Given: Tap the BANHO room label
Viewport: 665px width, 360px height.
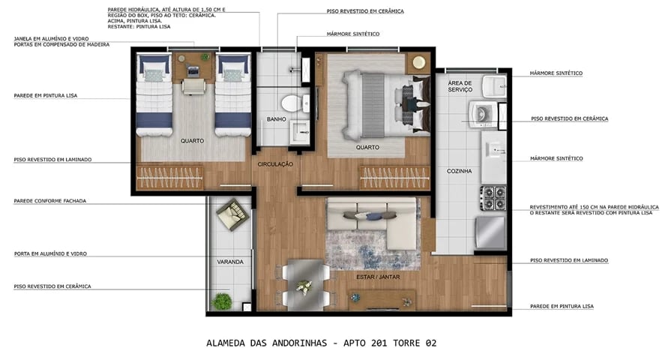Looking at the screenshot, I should click(x=276, y=119).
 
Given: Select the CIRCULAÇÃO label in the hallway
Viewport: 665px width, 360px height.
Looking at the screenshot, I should click(x=275, y=163).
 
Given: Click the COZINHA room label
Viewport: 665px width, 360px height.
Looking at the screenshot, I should click(x=459, y=171).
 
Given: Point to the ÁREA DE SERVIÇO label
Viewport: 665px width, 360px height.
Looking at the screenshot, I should click(x=459, y=86).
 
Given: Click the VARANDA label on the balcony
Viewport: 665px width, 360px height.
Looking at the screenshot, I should click(x=230, y=262).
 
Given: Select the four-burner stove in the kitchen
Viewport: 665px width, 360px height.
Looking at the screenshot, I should click(x=493, y=197).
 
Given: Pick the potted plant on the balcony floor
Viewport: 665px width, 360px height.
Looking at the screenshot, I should click(x=222, y=301).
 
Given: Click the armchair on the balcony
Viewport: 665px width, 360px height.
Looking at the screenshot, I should click(x=232, y=214).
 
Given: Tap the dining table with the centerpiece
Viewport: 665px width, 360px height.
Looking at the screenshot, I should click(x=304, y=285).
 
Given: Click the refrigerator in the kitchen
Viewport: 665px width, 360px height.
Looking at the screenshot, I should click(x=492, y=232).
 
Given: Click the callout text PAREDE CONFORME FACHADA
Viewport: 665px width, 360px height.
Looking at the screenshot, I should click(x=49, y=201).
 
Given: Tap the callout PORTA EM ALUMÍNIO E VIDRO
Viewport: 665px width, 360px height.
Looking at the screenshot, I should click(x=49, y=253).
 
